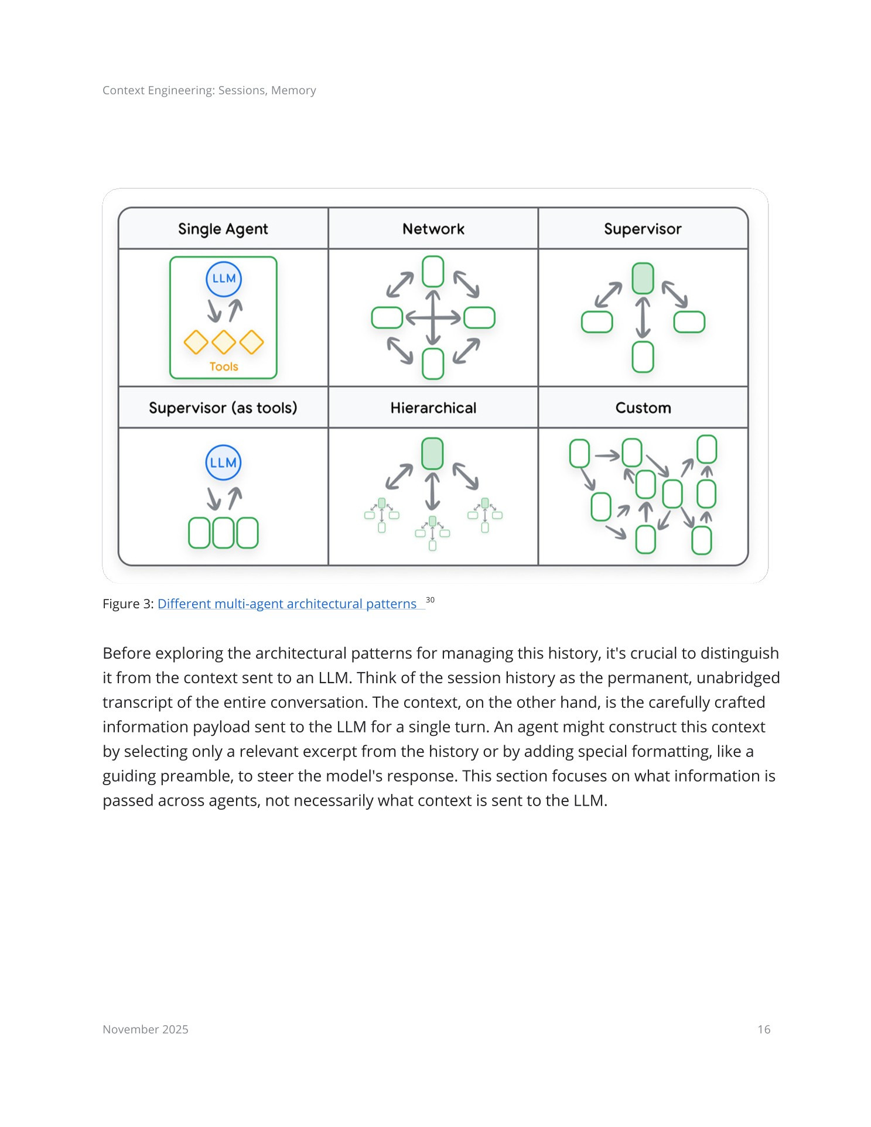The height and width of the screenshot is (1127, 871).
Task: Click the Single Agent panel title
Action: coord(223,229)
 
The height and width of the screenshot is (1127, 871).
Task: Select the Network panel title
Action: coord(433,229)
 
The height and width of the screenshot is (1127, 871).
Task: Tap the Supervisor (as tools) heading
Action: coord(223,408)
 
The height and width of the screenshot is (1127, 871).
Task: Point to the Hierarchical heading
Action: coord(433,408)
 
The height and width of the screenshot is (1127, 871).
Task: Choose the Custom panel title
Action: coord(643,408)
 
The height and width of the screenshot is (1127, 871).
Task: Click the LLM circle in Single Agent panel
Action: coord(224,279)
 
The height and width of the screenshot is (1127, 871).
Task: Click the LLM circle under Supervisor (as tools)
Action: coord(223,463)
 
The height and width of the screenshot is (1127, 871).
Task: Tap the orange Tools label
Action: coord(224,367)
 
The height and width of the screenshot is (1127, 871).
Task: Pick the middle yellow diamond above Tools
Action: coord(224,342)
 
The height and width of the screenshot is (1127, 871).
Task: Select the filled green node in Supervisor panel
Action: coord(643,278)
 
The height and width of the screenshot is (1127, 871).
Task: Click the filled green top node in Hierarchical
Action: coord(432,453)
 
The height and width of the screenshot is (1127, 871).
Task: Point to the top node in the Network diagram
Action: coord(433,271)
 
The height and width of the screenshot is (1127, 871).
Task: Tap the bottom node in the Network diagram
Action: coord(433,364)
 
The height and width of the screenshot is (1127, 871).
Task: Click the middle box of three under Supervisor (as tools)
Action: coord(223,533)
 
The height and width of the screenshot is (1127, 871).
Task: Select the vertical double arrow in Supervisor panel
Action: coord(643,318)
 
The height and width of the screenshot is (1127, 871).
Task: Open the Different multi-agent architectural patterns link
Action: coord(287,604)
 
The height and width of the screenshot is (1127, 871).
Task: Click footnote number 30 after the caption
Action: coord(430,600)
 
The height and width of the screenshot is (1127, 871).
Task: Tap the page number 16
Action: coord(764,1030)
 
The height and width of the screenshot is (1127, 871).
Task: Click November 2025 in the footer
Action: coord(145,1030)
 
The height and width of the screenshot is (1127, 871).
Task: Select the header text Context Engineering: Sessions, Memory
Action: coord(209,90)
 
